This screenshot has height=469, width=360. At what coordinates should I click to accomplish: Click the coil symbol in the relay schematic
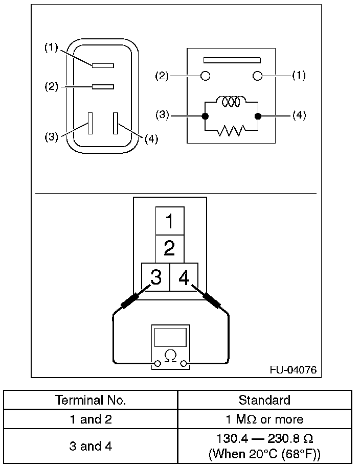tap(231, 102)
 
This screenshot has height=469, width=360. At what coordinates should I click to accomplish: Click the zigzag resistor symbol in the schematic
tap(231, 131)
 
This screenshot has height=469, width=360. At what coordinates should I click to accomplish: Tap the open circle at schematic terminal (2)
tap(206, 76)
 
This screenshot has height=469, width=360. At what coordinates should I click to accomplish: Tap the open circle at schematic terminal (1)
tap(257, 76)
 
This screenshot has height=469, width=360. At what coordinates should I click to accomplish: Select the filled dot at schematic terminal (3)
tap(205, 116)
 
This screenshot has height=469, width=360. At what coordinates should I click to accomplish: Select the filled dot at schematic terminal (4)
tap(258, 116)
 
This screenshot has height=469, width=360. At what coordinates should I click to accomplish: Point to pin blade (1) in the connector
tap(103, 65)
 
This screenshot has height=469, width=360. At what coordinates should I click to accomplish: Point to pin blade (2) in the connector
tap(103, 87)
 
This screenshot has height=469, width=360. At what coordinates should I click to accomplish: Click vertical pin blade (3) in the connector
tap(91, 123)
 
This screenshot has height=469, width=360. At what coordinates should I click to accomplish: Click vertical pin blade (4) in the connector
tap(116, 123)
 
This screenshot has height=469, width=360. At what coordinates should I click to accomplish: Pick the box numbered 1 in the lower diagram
tap(170, 221)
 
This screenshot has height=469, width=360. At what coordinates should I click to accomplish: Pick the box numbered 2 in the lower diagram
tap(170, 249)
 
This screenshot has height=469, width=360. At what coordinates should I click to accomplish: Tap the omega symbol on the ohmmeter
tap(171, 355)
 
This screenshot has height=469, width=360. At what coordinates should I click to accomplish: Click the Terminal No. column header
tap(91, 400)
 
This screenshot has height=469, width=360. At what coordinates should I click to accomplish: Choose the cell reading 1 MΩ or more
tap(265, 419)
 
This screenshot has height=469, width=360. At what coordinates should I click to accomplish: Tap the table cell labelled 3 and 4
tap(91, 446)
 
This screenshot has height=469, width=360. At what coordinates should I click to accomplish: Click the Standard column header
tap(265, 400)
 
